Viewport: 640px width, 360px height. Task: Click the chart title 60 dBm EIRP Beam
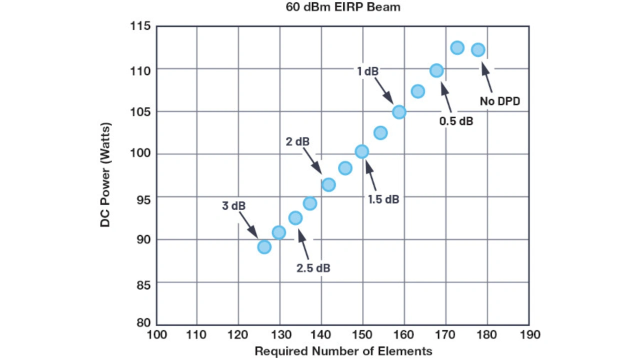(343, 7)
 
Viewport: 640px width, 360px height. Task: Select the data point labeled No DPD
(478, 49)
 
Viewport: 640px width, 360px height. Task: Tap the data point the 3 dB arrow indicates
(264, 246)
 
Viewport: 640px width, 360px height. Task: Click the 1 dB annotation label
(367, 71)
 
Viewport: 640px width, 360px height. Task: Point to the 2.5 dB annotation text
(313, 268)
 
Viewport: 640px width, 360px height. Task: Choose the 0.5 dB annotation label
(456, 121)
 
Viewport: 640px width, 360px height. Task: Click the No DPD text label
(500, 101)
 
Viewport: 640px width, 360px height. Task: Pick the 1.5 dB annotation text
(383, 199)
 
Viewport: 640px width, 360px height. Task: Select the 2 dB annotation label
(297, 141)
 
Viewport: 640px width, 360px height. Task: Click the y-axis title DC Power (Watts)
(105, 175)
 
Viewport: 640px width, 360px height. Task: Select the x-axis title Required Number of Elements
(343, 350)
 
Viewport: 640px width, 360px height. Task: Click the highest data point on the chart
(457, 47)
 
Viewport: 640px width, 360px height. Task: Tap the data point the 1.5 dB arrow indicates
(361, 151)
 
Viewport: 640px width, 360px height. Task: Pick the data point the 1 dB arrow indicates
(398, 112)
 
